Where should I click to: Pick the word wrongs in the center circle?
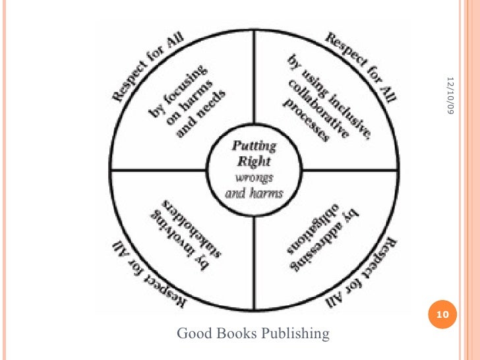tap(254, 178)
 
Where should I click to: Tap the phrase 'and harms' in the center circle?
tap(254, 194)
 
